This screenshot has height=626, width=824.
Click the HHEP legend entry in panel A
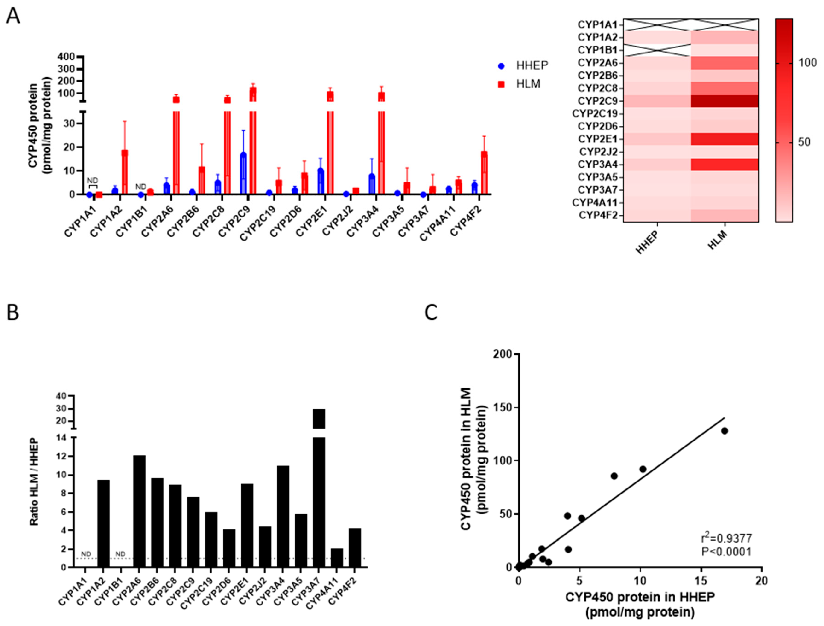coord(523,66)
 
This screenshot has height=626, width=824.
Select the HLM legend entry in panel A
coord(519,84)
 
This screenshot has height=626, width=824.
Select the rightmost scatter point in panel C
coord(724,431)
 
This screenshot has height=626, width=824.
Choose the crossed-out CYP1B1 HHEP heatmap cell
coord(657,50)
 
